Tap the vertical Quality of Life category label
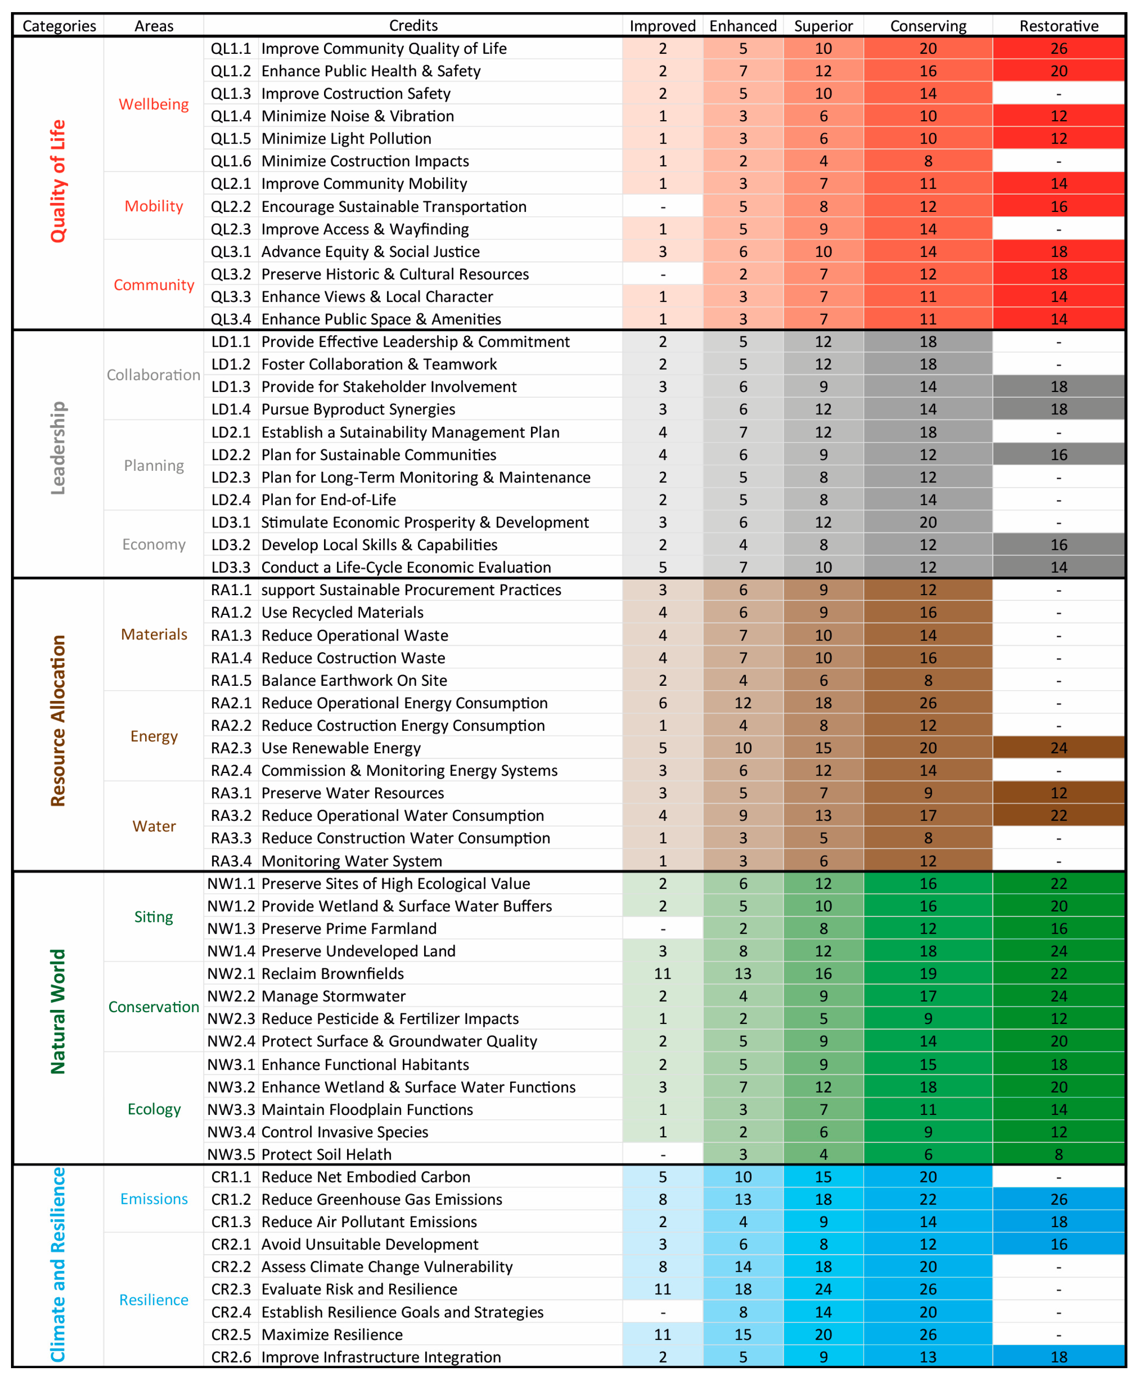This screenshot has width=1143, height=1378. click(58, 181)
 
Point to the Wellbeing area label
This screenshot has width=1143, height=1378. click(153, 104)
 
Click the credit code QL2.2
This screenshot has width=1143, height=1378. click(230, 207)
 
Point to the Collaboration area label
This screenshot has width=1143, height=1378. click(153, 375)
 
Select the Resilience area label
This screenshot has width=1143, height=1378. click(153, 1300)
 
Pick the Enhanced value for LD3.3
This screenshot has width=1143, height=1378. click(743, 567)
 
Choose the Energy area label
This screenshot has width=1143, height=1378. click(153, 736)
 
